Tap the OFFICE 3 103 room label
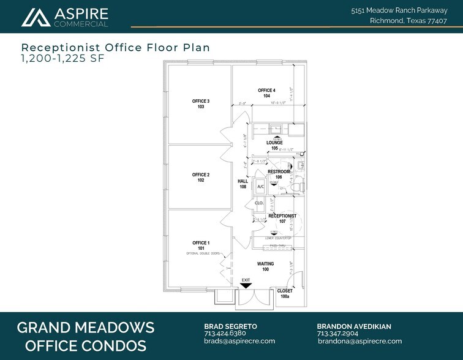pyautogui.click(x=201, y=103)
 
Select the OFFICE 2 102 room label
pyautogui.click(x=201, y=178)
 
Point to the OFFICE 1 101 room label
pyautogui.click(x=201, y=246)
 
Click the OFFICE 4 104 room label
pyautogui.click(x=267, y=93)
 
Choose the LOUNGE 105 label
pyautogui.click(x=275, y=145)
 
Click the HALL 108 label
pyautogui.click(x=243, y=184)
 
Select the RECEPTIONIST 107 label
pyautogui.click(x=282, y=219)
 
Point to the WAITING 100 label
pyautogui.click(x=265, y=266)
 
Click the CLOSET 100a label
pyautogui.click(x=285, y=293)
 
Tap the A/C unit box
pyautogui.click(x=260, y=187)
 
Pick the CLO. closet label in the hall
pyautogui.click(x=259, y=203)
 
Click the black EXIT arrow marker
pyautogui.click(x=246, y=285)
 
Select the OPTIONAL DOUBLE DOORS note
pyautogui.click(x=203, y=253)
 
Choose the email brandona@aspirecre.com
pyautogui.click(x=359, y=341)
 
